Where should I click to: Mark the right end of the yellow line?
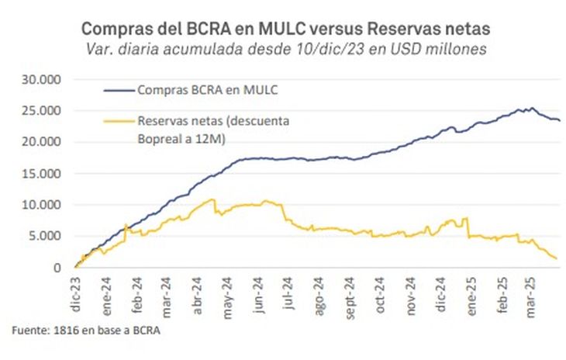tap(557, 259)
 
